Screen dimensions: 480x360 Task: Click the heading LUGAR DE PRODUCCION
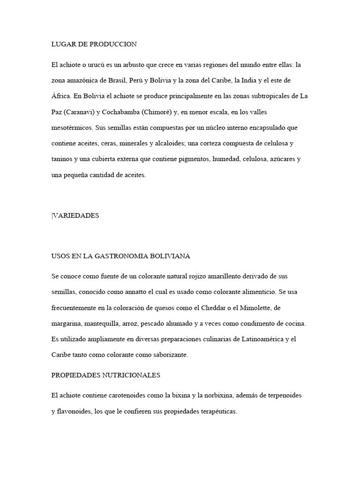[x=94, y=45]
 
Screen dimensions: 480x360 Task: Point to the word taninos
[x=62, y=159]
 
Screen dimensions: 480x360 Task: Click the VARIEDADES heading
[x=76, y=215]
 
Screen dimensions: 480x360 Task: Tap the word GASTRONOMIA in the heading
[x=121, y=256]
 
